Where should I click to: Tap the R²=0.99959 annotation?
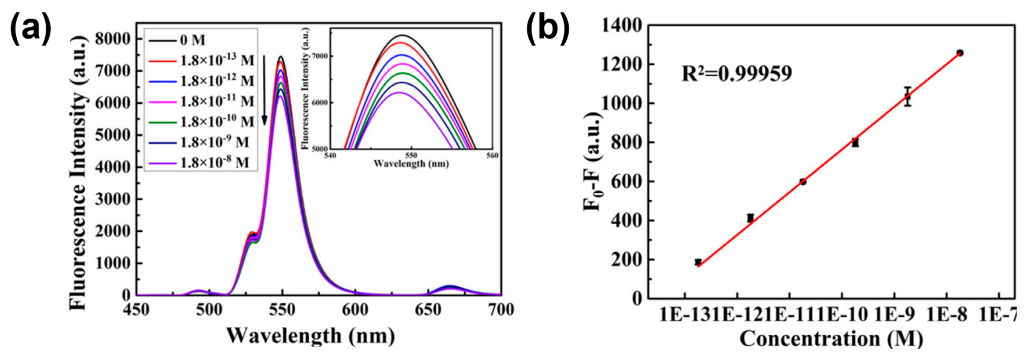coord(737,74)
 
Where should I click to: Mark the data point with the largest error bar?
coord(907,96)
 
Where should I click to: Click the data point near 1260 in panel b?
coord(960,53)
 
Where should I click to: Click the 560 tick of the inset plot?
coord(492,156)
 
